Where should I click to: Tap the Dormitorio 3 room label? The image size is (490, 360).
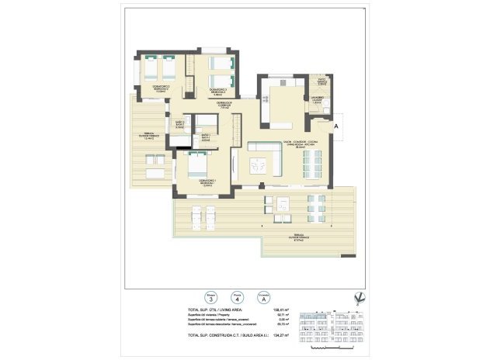coord(220,92)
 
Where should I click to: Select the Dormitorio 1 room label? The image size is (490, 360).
coord(207,183)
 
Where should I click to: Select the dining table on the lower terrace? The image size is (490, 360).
coord(315,207)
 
